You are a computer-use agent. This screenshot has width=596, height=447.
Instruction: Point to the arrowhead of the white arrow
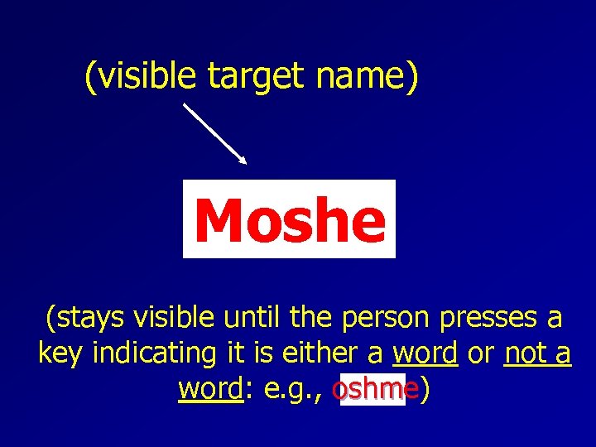[x=243, y=159]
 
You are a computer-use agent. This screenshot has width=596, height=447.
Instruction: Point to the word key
[x=61, y=354]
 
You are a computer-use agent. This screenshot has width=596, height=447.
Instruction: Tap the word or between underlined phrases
[x=481, y=354]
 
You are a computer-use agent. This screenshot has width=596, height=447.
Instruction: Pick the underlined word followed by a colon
[x=209, y=390]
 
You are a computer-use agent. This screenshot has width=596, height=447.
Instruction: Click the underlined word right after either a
[x=425, y=353]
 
